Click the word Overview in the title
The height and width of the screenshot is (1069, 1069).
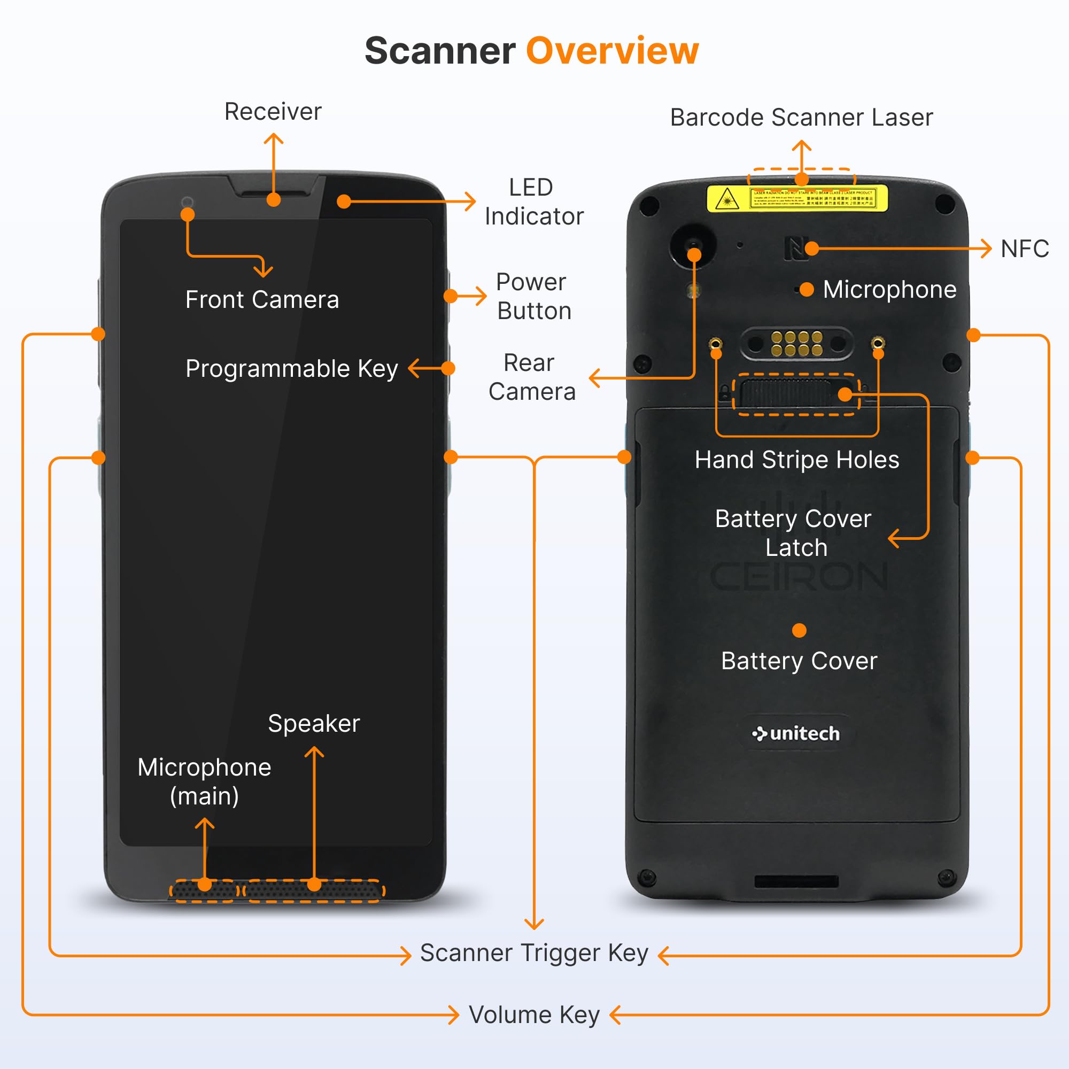(612, 51)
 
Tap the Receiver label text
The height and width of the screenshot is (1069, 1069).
(273, 112)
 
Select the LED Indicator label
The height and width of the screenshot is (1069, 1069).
(533, 202)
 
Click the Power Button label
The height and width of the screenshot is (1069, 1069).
(533, 297)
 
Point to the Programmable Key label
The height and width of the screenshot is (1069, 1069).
(292, 368)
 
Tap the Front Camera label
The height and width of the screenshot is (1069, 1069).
(262, 300)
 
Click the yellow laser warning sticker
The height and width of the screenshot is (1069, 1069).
(797, 198)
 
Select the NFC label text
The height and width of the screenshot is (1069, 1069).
(1025, 249)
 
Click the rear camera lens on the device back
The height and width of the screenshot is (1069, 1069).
(692, 245)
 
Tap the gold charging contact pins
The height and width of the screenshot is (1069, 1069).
(797, 344)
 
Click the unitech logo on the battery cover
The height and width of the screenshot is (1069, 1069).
(797, 734)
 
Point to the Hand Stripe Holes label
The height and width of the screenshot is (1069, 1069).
(797, 460)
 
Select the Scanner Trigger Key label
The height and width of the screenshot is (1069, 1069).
(534, 954)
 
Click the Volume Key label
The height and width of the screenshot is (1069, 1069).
(534, 1016)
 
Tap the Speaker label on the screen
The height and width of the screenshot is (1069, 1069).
(314, 724)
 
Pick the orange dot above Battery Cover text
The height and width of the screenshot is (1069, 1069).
(799, 631)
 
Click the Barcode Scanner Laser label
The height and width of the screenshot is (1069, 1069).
(801, 117)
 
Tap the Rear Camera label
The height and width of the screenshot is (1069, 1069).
(531, 377)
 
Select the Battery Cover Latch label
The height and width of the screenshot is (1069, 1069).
(793, 533)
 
